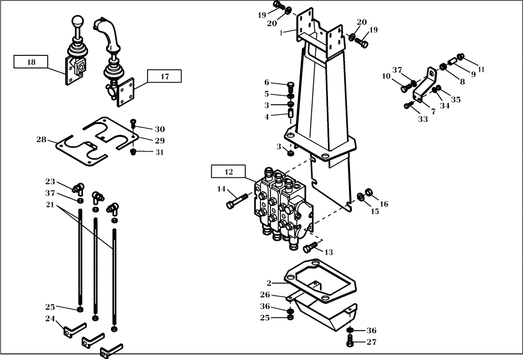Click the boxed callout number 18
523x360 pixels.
31,62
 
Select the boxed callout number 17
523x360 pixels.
164,76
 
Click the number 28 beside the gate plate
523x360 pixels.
41,140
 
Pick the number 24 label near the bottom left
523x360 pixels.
50,318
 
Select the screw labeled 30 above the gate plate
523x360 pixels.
133,123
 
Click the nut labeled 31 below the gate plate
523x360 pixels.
133,152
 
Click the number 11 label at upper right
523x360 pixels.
481,69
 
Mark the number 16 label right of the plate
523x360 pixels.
384,204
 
